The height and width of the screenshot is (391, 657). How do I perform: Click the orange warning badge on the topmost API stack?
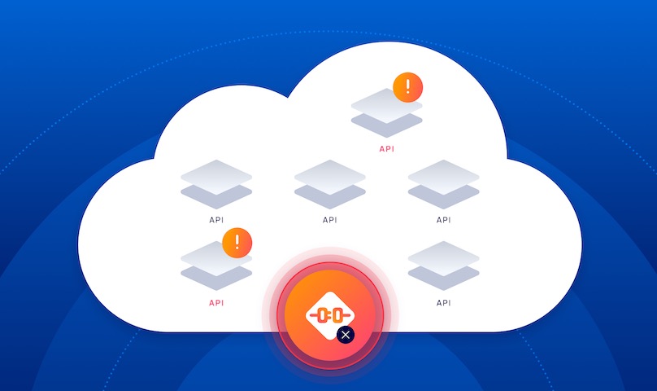(x=407, y=86)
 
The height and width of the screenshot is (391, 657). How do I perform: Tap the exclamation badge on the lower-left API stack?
(x=237, y=242)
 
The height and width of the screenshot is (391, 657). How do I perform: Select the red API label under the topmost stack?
(x=386, y=149)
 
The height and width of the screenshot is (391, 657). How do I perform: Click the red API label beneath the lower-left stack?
(x=215, y=302)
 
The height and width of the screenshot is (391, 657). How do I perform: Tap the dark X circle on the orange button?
(x=346, y=334)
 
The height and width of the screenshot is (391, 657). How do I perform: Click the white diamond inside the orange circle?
(x=329, y=314)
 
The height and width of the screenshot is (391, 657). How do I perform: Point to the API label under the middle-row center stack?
(x=329, y=220)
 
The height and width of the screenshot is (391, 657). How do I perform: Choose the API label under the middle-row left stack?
(x=215, y=220)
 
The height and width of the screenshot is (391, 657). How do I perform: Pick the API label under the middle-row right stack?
(x=443, y=220)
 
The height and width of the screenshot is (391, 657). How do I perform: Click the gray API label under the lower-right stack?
(x=443, y=302)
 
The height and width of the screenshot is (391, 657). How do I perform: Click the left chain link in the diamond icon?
(x=321, y=314)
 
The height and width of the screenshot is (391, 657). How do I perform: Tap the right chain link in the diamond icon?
(x=337, y=314)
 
